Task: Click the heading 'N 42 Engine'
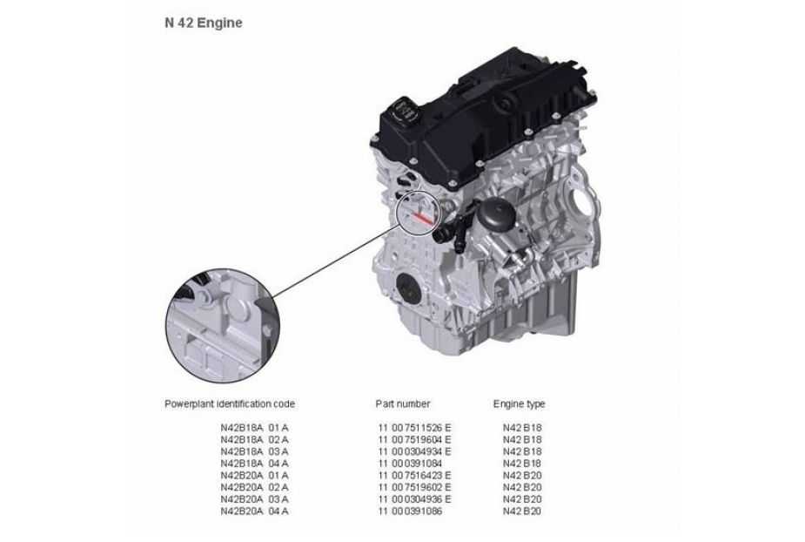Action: (x=204, y=24)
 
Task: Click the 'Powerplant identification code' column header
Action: (x=230, y=404)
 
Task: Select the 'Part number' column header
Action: (x=402, y=404)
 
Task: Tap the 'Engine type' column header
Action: (x=519, y=404)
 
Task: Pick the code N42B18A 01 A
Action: (x=255, y=428)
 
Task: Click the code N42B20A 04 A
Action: (x=255, y=512)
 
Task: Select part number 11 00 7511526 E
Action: (x=415, y=428)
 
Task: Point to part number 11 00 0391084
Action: (x=410, y=464)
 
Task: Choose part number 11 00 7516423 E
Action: (x=415, y=476)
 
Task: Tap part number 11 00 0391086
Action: (x=410, y=512)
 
